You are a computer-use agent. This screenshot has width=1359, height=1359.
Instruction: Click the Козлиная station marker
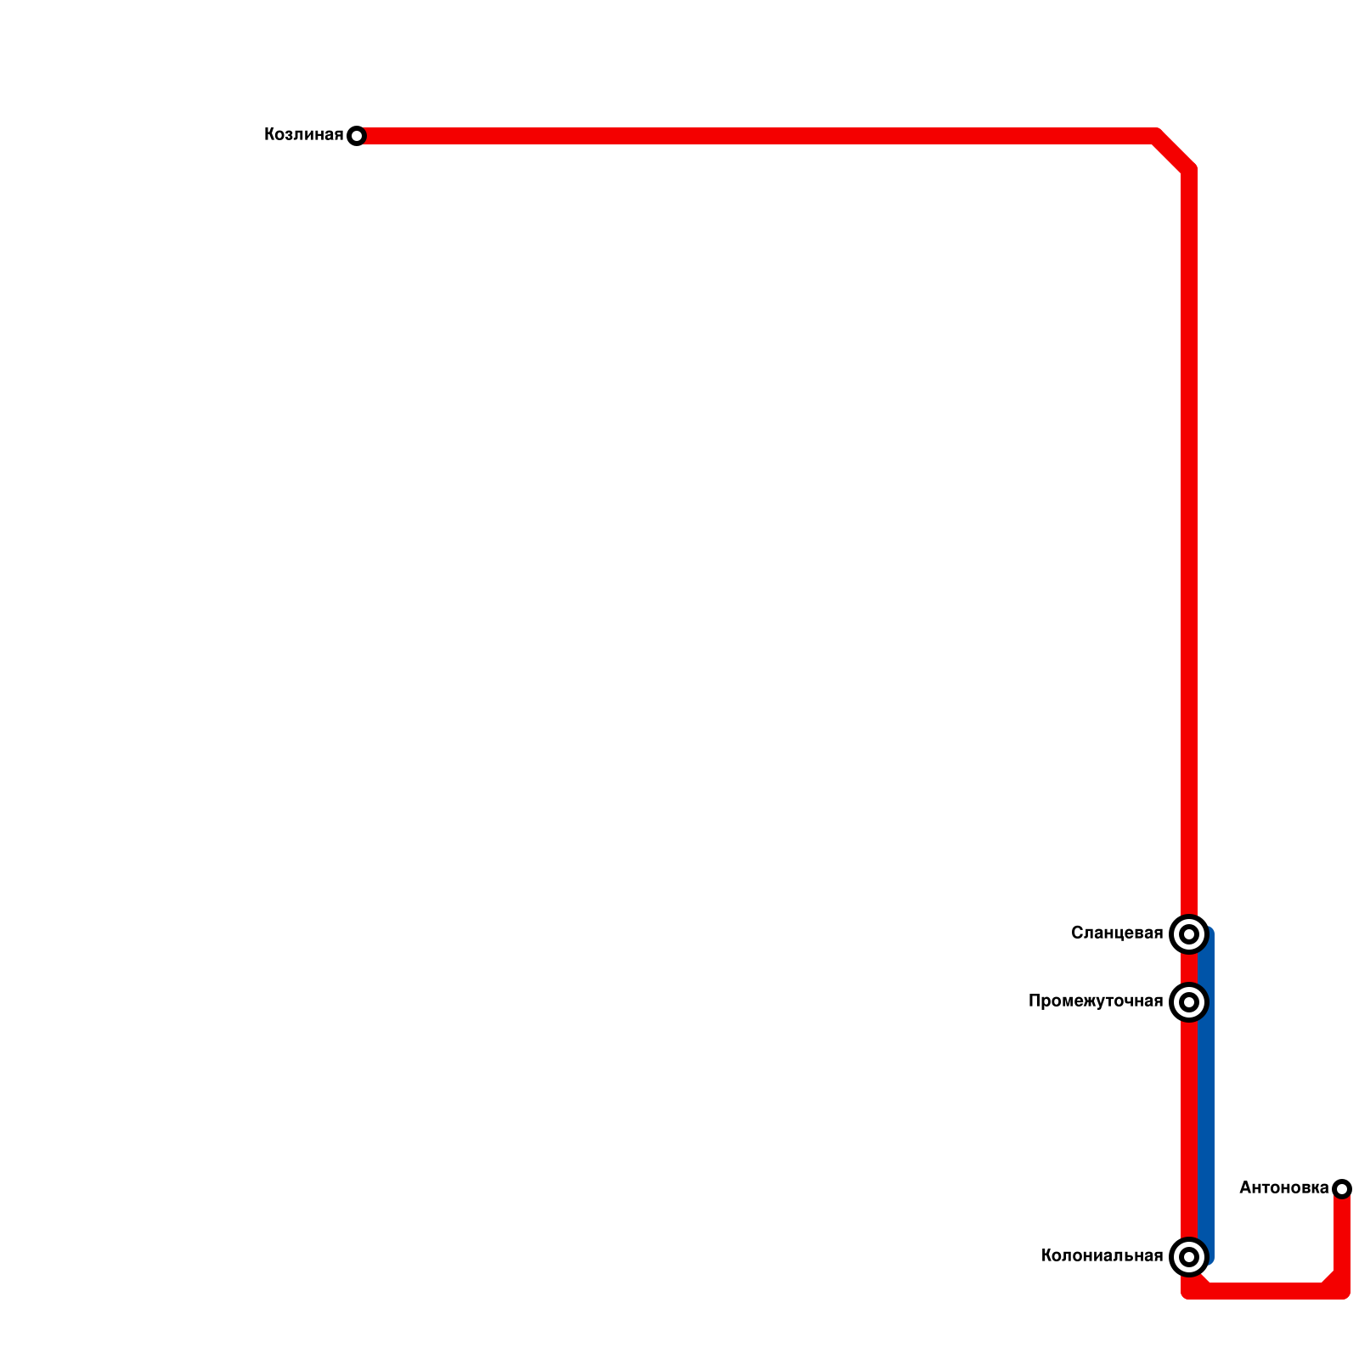pyautogui.click(x=357, y=136)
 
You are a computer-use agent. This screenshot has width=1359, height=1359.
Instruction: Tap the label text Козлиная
pyautogui.click(x=303, y=135)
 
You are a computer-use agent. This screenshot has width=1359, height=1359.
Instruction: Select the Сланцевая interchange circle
pyautogui.click(x=1189, y=934)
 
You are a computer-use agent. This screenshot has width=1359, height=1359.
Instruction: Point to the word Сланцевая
pyautogui.click(x=1116, y=933)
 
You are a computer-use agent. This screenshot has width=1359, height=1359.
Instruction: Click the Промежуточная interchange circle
pyautogui.click(x=1189, y=1002)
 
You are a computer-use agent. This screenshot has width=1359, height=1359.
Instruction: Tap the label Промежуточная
pyautogui.click(x=1095, y=1001)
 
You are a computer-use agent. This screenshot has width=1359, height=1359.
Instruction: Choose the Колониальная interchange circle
pyautogui.click(x=1189, y=1257)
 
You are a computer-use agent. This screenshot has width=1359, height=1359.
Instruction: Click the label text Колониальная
pyautogui.click(x=1102, y=1256)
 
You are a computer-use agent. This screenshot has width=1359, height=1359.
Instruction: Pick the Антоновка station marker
pyautogui.click(x=1342, y=1188)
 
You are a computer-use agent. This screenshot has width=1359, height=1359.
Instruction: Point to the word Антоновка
pyautogui.click(x=1283, y=1188)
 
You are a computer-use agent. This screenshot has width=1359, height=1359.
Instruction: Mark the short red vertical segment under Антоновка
pyautogui.click(x=1342, y=1232)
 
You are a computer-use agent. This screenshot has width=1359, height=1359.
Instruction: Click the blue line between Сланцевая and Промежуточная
pyautogui.click(x=1206, y=968)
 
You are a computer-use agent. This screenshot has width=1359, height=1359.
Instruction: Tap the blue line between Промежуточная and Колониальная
pyautogui.click(x=1206, y=1130)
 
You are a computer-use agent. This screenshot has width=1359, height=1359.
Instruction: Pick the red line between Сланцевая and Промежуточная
pyautogui.click(x=1188, y=968)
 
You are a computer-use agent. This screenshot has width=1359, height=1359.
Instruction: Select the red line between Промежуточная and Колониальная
pyautogui.click(x=1188, y=1130)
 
